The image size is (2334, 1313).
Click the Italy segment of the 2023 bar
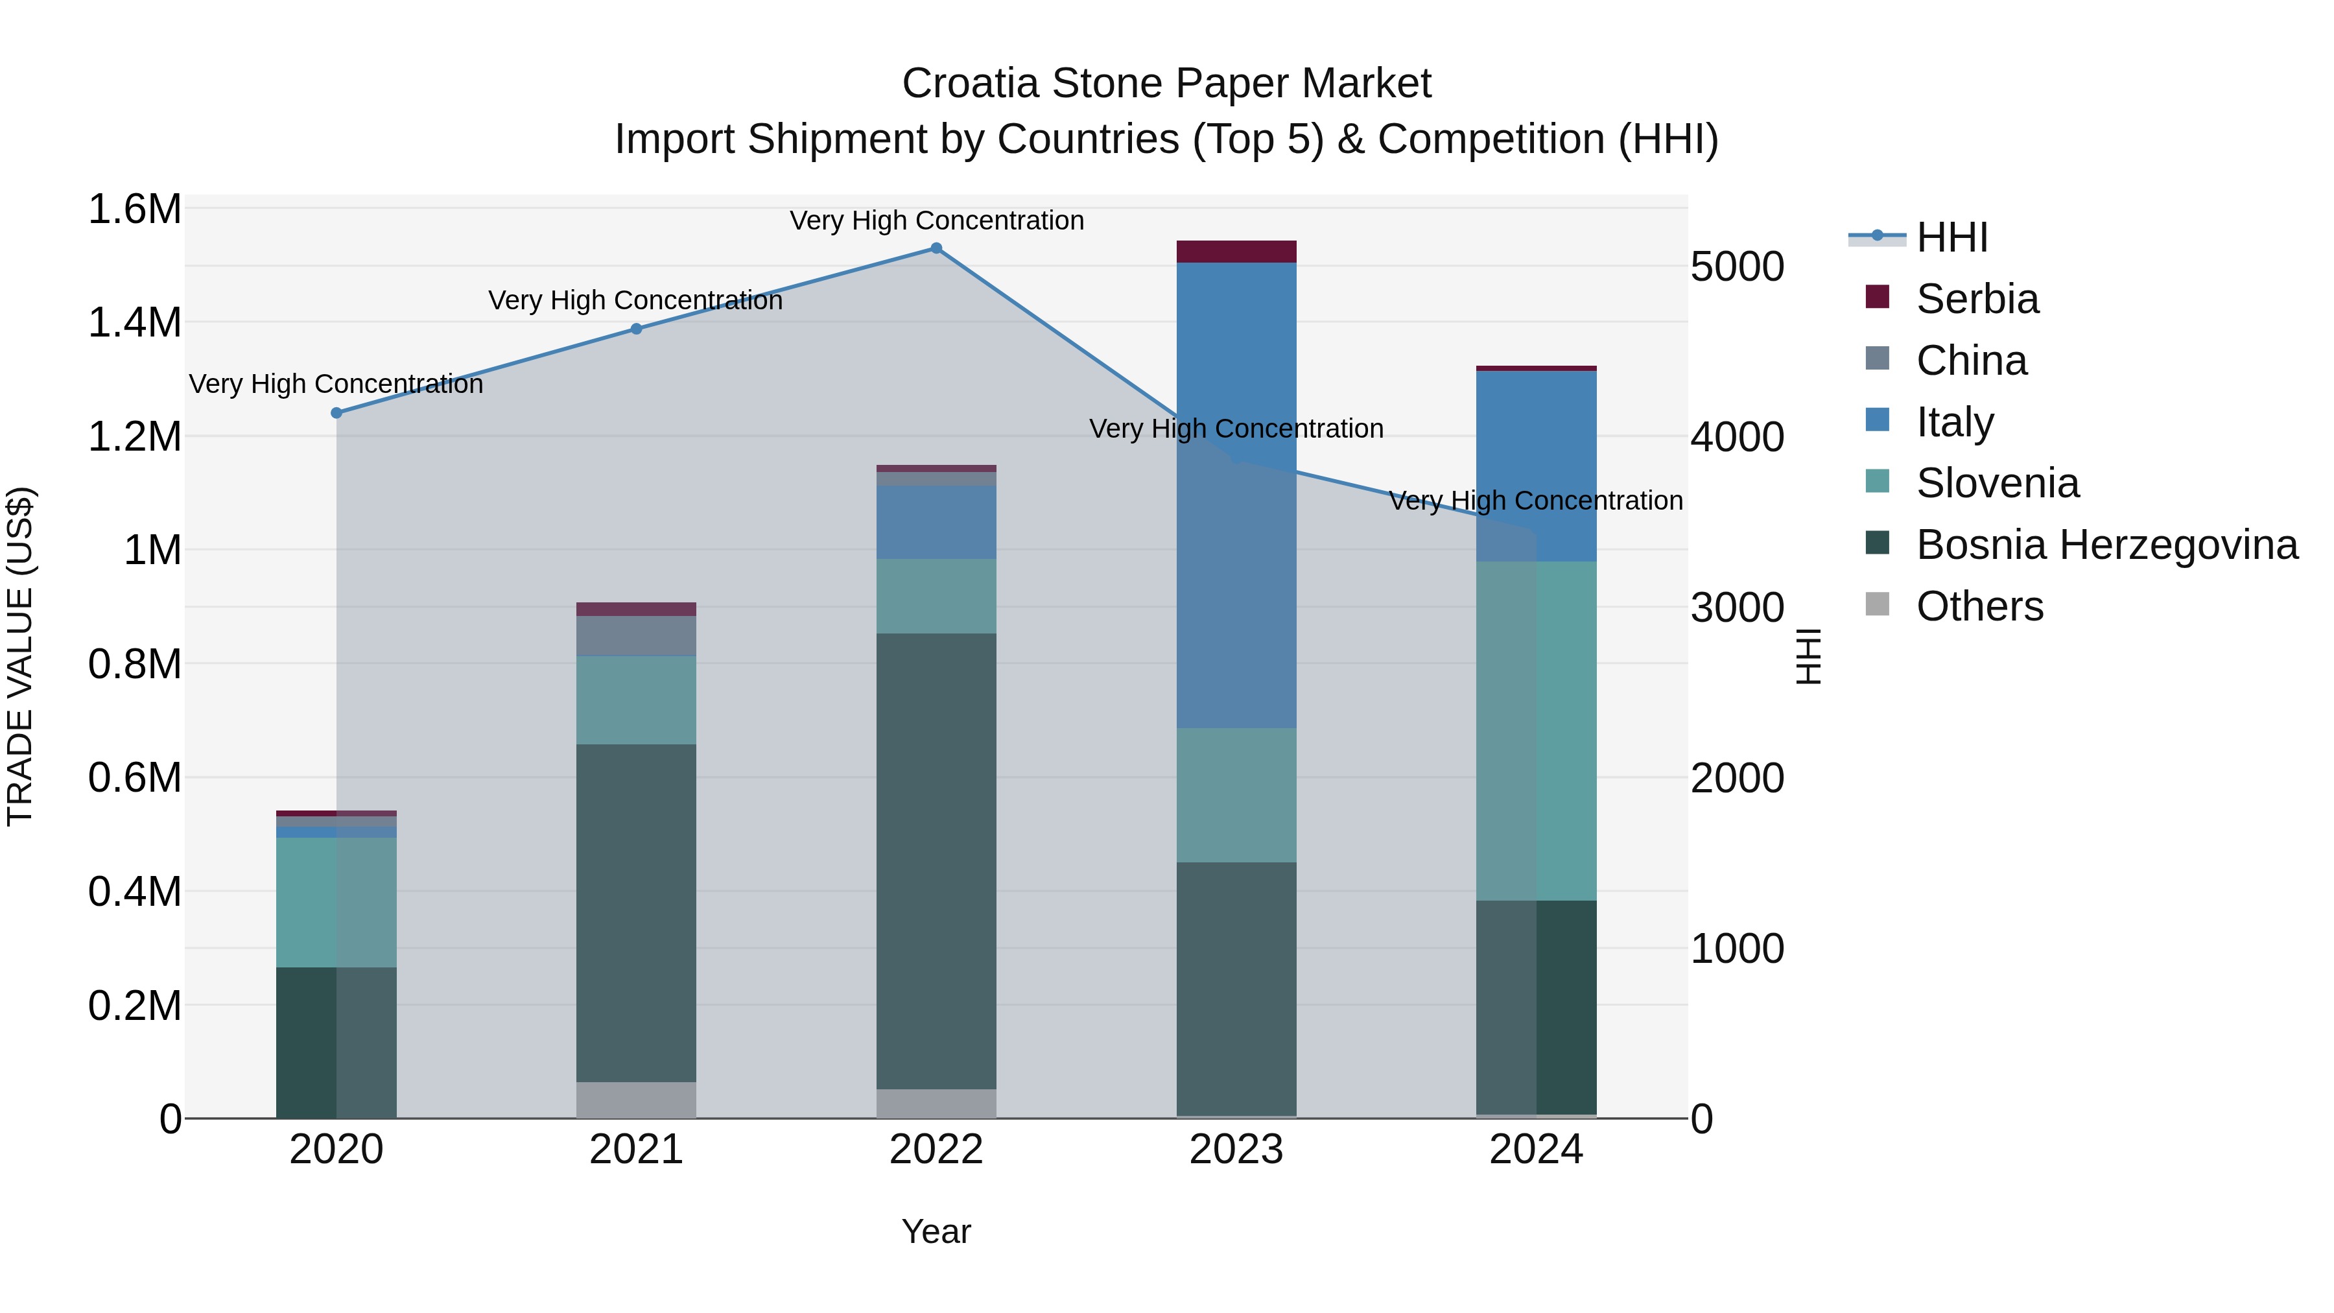1236,494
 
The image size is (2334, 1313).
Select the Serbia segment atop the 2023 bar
1236,251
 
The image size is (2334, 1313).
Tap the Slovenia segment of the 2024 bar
1536,729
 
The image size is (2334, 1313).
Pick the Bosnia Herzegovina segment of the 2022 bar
936,861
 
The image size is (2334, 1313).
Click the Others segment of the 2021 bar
636,1099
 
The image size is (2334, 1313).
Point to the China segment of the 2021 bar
636,635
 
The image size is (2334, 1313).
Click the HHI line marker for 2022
936,248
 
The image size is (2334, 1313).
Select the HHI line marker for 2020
336,412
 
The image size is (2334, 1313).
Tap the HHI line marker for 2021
636,329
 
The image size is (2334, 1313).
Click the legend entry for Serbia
1976,299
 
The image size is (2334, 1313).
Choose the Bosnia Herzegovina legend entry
2106,545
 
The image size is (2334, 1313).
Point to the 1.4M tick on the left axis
134,323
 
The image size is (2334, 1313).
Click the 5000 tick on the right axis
1737,266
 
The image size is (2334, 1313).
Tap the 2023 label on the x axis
1236,1150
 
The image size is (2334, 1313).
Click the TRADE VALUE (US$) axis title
20,655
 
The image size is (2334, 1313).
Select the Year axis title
936,1231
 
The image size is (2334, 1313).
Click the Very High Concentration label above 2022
936,220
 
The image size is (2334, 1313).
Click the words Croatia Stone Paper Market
1166,84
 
